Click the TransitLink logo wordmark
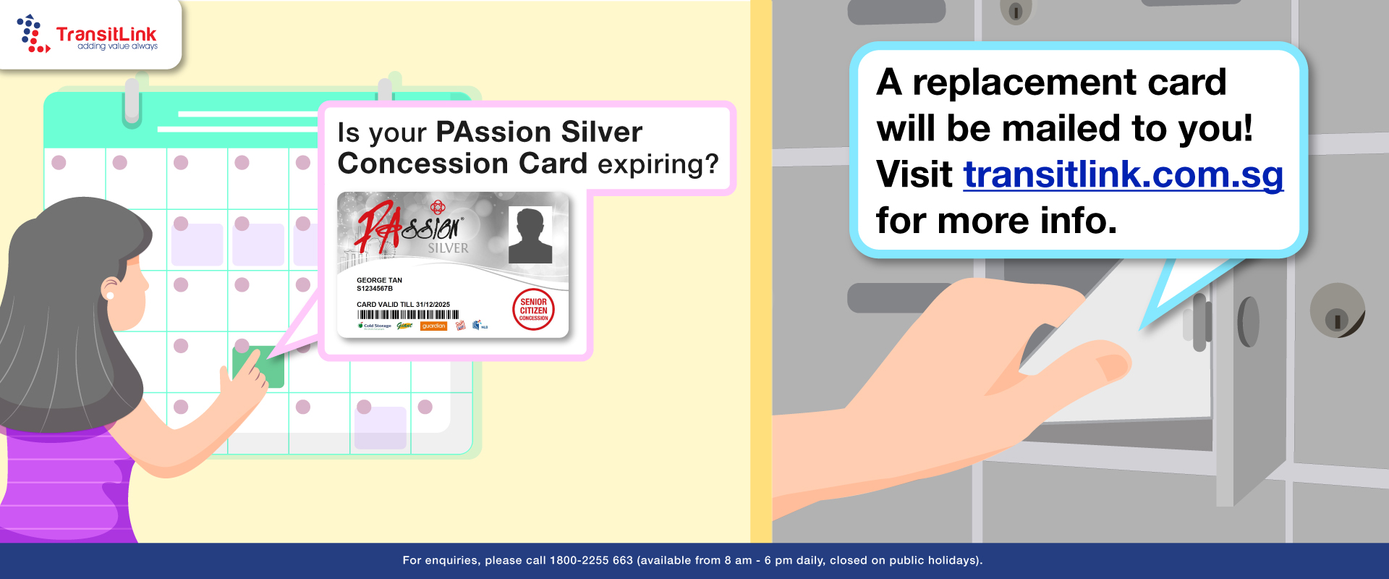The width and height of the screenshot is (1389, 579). tap(106, 35)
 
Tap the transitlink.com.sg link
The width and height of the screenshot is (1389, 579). tap(1123, 174)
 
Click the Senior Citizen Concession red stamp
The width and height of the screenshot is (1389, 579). tap(533, 310)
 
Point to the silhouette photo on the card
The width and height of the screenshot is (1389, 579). tap(530, 235)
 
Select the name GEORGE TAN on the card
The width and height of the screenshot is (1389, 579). tap(379, 280)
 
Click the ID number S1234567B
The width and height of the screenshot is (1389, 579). tap(375, 289)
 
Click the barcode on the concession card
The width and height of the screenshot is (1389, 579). tap(408, 315)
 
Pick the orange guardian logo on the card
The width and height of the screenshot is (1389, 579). tap(434, 326)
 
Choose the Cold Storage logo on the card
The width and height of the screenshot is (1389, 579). tap(375, 326)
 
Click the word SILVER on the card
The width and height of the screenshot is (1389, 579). tap(448, 248)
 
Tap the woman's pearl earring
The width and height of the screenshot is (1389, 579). tap(110, 295)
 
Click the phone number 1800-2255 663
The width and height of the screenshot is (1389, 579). tap(591, 561)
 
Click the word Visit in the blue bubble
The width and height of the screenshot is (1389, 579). tap(914, 174)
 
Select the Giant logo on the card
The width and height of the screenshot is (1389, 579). tap(404, 326)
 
